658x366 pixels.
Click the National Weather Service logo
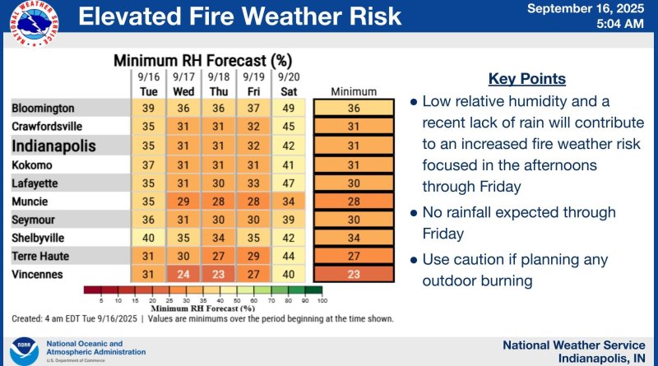tap(34, 24)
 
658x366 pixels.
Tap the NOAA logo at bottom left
tap(24, 351)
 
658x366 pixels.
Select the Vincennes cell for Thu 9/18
tap(218, 275)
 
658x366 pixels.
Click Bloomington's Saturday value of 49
tap(289, 108)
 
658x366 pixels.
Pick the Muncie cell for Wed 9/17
tap(183, 202)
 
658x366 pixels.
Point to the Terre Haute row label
tap(40, 256)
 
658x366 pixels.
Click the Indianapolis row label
tap(53, 146)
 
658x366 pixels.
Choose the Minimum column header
tap(354, 91)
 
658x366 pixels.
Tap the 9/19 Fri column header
tap(253, 85)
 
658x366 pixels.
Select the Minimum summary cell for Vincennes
tap(354, 275)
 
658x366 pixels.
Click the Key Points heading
tap(527, 79)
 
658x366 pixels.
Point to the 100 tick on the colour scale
tap(322, 300)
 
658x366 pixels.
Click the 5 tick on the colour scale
tap(101, 300)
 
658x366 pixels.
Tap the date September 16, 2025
tap(586, 8)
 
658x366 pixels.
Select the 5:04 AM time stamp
tap(620, 24)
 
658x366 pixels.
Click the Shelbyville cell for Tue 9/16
tap(148, 238)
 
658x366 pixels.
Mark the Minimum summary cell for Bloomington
tap(354, 108)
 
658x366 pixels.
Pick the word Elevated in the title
tap(131, 16)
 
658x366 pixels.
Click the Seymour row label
tap(33, 220)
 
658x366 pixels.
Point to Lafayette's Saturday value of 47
tap(289, 183)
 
